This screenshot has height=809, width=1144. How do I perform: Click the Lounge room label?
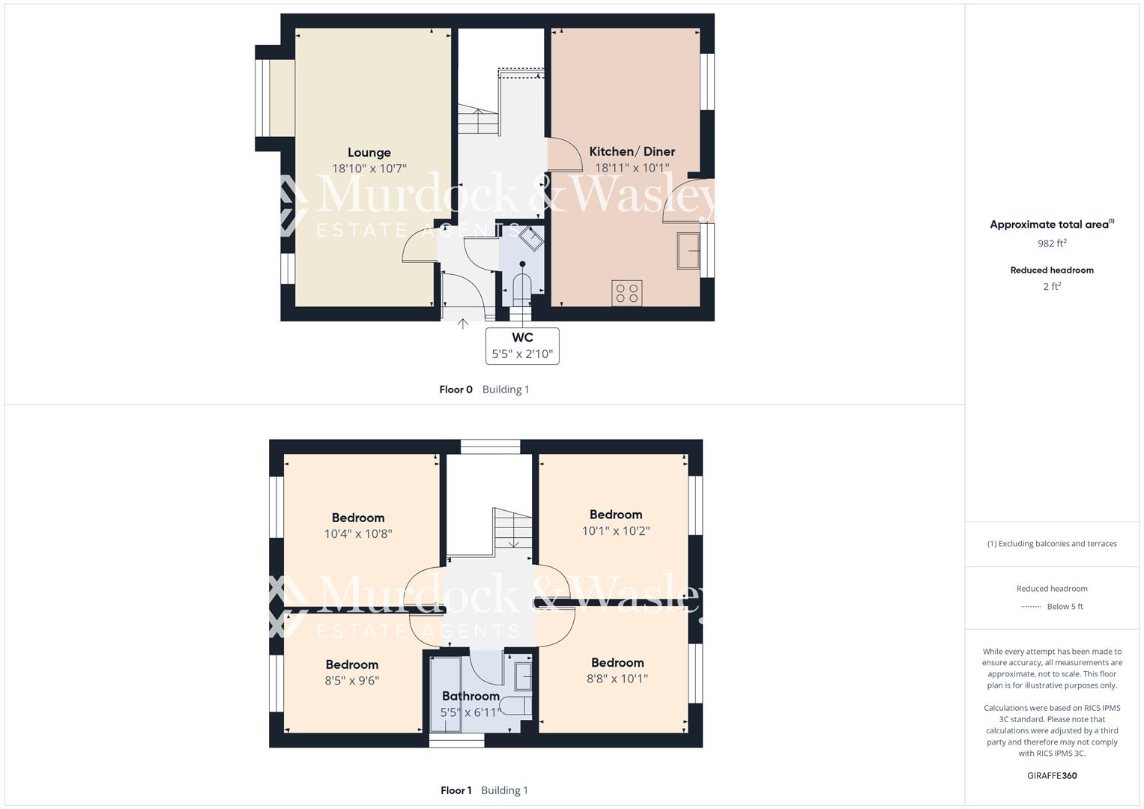tap(369, 153)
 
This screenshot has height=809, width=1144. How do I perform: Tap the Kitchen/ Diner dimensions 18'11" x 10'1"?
tap(632, 169)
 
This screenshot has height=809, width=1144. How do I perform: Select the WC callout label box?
tap(522, 345)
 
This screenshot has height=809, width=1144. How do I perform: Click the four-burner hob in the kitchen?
tap(627, 293)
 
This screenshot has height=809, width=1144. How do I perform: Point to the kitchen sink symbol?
tap(688, 250)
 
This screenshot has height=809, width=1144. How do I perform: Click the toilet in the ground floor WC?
tap(521, 287)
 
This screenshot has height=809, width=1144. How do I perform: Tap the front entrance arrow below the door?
tap(463, 324)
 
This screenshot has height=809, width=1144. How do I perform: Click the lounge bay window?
tap(262, 98)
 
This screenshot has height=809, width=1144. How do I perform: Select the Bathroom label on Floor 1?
tap(470, 696)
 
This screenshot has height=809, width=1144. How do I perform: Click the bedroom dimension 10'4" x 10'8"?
tap(358, 534)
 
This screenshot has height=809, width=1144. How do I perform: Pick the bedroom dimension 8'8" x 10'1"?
tap(617, 679)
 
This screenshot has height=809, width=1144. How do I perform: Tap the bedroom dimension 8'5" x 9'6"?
tap(351, 681)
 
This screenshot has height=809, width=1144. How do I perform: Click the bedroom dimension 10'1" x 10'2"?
tap(616, 531)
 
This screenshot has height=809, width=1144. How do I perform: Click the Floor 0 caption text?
tap(456, 390)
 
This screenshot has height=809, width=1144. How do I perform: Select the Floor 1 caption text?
tap(456, 790)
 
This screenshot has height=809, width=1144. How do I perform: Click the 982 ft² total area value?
tap(1052, 243)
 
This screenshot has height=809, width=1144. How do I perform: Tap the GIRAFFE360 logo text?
tap(1052, 776)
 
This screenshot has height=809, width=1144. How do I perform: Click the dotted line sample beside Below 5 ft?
tap(1031, 607)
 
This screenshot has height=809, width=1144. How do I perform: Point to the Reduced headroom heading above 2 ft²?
tap(1052, 270)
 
